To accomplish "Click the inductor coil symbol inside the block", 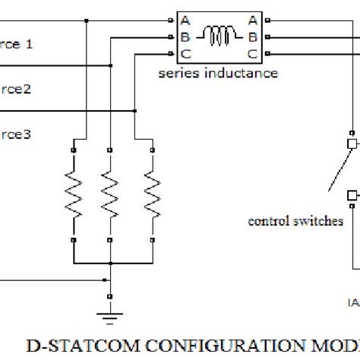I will [x=220, y=36].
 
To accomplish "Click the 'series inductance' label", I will [x=217, y=73].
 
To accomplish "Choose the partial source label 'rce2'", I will [x=15, y=89].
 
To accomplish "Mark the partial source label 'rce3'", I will [x=15, y=134].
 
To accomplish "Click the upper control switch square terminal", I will [x=352, y=144].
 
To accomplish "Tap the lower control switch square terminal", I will [x=352, y=195].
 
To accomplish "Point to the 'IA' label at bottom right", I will [x=353, y=303].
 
